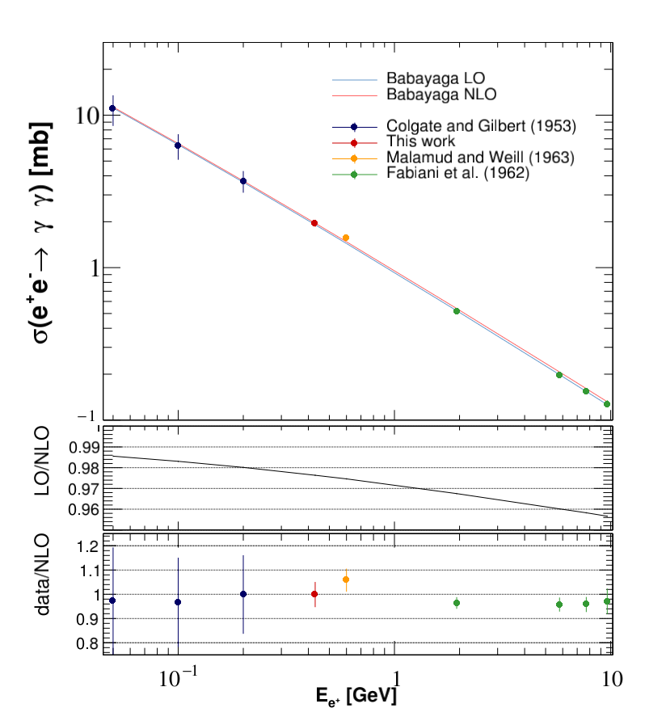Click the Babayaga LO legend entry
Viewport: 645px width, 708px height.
(x=436, y=80)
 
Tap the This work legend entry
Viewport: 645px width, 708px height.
(x=421, y=141)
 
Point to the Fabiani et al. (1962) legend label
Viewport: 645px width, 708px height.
(x=457, y=171)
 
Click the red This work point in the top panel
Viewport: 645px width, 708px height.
(x=314, y=223)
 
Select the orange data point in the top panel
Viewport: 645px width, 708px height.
(x=346, y=238)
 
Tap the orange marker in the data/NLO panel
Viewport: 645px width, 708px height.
(x=346, y=579)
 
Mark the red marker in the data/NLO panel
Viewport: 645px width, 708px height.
(x=314, y=594)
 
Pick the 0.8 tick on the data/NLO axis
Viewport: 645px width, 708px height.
(x=85, y=643)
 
